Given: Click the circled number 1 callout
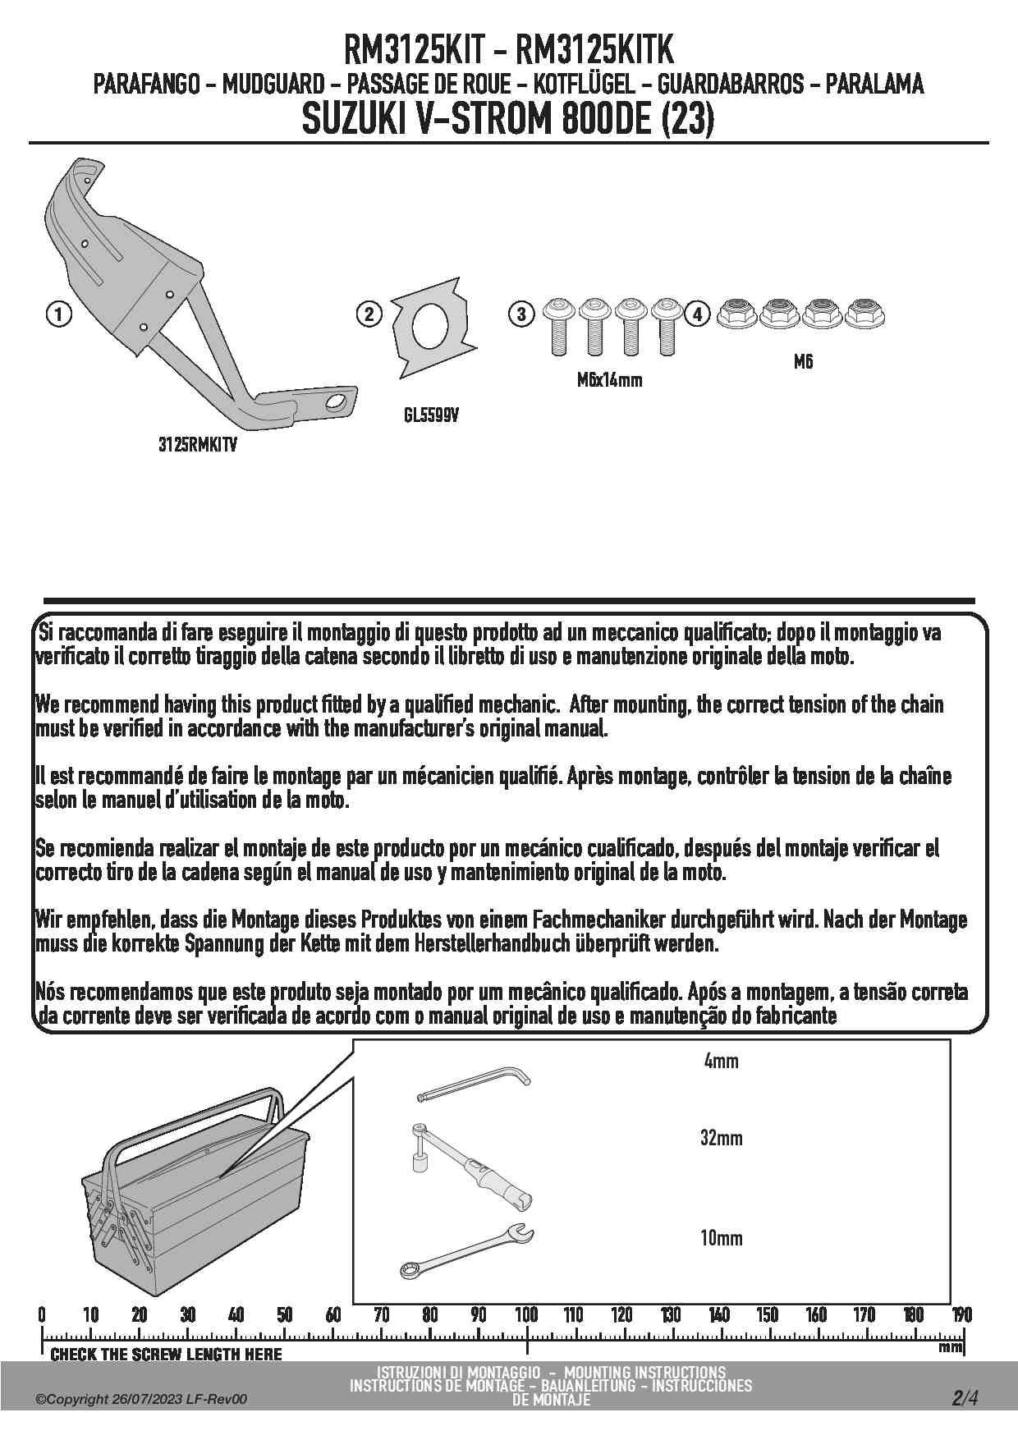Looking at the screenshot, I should tap(57, 314).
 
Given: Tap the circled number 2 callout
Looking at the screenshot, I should tap(369, 314).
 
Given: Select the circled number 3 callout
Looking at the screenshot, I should tap(521, 314).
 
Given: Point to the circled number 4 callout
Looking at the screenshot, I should tap(697, 314).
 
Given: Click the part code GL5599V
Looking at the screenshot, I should tap(431, 416).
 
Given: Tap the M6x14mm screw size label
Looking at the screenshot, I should tap(609, 380).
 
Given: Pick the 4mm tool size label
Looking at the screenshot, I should tap(721, 1061).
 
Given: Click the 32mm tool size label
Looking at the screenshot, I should tap(721, 1138).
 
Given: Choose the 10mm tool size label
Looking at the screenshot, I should tap(721, 1238).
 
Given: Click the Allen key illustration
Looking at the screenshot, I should tap(475, 1085).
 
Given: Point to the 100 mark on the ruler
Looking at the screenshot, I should tap(526, 1314).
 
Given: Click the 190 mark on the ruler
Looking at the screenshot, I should tap(961, 1314).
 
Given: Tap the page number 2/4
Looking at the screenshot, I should tap(965, 1398).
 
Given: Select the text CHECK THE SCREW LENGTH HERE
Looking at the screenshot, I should tap(166, 1355).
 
